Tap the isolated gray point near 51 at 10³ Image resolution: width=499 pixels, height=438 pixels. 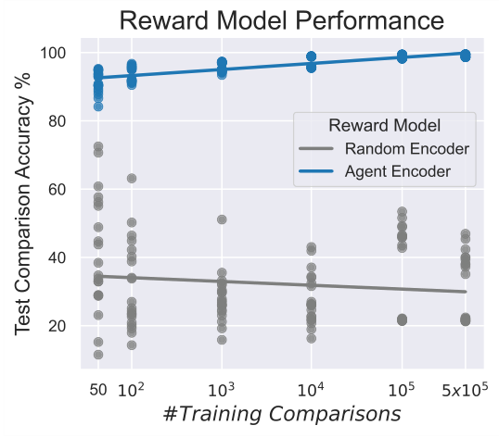pos(222,219)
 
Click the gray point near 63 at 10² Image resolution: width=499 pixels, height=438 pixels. pos(132,178)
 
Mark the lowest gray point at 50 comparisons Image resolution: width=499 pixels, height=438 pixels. pos(97,355)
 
